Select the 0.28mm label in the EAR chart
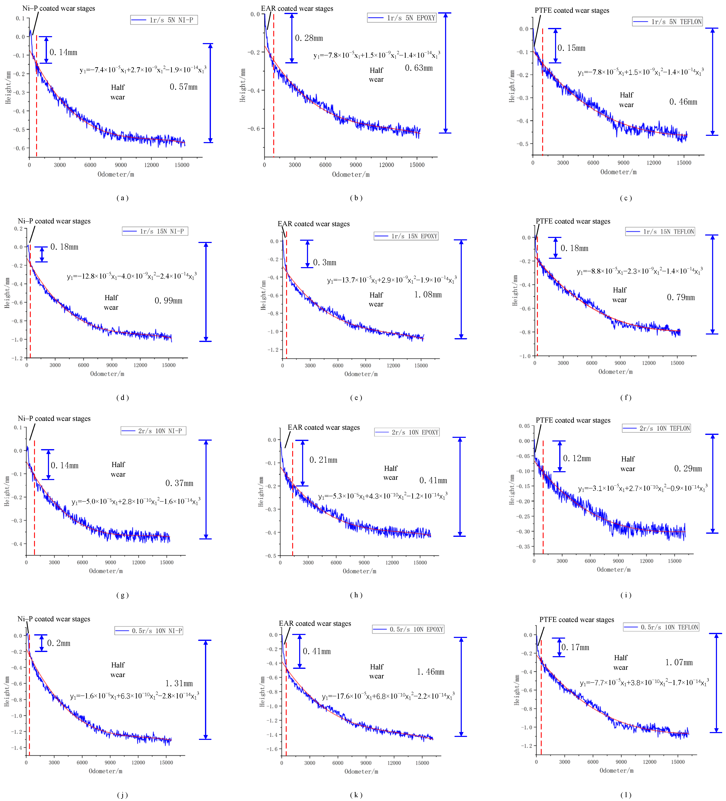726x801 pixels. click(x=309, y=38)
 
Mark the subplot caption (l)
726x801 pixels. click(x=625, y=795)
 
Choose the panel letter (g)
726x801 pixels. click(x=122, y=595)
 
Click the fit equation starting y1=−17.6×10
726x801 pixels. click(x=388, y=696)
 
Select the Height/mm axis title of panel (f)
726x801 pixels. click(x=515, y=290)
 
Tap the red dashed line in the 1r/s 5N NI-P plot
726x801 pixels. click(x=36, y=95)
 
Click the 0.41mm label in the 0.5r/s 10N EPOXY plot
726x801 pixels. click(x=317, y=651)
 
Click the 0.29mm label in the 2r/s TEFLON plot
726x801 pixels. click(x=688, y=468)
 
